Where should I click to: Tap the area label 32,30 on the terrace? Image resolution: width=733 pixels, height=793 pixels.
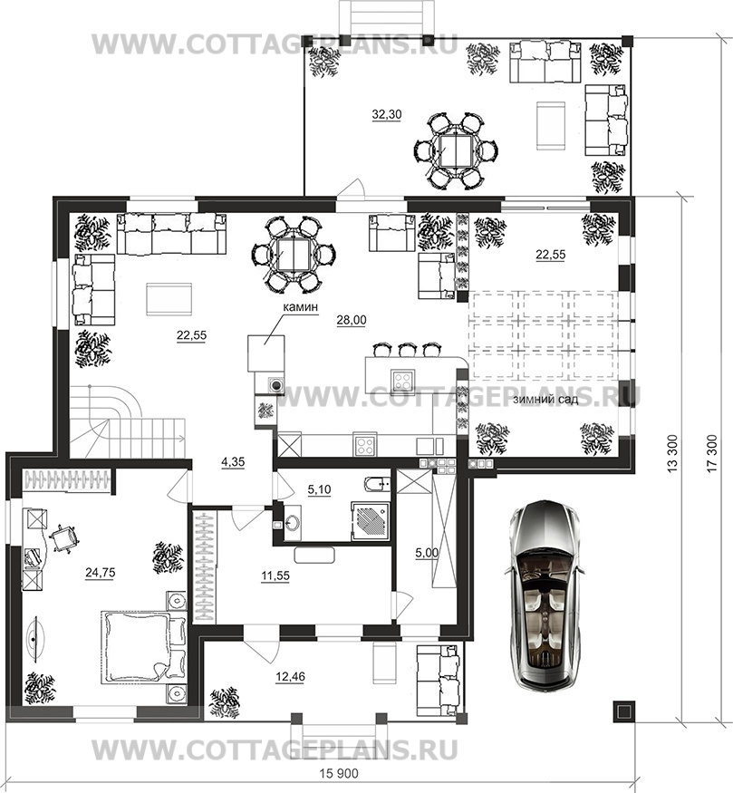pyautogui.click(x=387, y=115)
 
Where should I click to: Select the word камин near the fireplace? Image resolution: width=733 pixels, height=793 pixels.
pyautogui.click(x=300, y=306)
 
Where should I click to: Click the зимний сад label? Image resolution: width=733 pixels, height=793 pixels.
pyautogui.click(x=545, y=400)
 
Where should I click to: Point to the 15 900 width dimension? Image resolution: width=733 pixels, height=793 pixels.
pyautogui.click(x=339, y=774)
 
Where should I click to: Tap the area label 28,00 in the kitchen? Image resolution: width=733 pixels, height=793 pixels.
pyautogui.click(x=352, y=320)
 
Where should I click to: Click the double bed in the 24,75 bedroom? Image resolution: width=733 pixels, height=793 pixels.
pyautogui.click(x=144, y=648)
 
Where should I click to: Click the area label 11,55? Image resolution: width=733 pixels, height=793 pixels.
pyautogui.click(x=275, y=575)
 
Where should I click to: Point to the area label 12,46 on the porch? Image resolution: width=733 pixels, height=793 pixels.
pyautogui.click(x=291, y=676)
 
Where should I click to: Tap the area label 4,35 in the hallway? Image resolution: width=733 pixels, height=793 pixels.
pyautogui.click(x=233, y=462)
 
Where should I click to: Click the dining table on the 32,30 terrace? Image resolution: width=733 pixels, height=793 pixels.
pyautogui.click(x=456, y=150)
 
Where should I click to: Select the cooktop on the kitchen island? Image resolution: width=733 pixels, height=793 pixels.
pyautogui.click(x=403, y=380)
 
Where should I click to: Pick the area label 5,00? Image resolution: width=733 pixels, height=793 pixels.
pyautogui.click(x=427, y=553)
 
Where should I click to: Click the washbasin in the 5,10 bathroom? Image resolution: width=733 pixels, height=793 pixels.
pyautogui.click(x=292, y=521)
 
